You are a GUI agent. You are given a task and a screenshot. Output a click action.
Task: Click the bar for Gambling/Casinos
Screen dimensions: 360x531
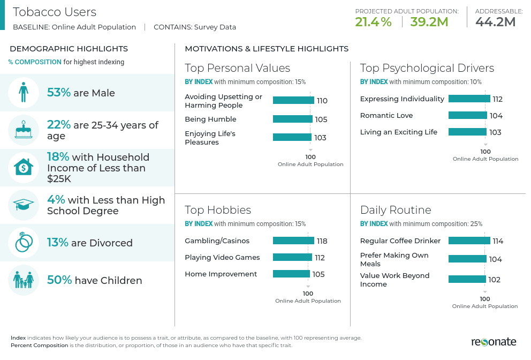click(293, 241)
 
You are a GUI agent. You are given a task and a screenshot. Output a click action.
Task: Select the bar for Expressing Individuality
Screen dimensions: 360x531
click(469, 99)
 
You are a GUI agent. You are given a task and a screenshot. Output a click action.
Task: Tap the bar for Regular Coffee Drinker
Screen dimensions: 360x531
click(469, 241)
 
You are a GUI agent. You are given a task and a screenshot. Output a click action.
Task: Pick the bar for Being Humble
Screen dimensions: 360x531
click(292, 119)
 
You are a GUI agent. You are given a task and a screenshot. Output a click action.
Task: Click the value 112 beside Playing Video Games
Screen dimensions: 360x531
click(320, 258)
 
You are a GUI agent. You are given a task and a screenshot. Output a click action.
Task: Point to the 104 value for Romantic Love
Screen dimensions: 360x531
click(496, 116)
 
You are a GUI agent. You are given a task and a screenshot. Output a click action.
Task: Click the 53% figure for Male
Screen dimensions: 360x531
click(59, 93)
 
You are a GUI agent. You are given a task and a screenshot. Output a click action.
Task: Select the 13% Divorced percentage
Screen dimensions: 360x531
click(58, 243)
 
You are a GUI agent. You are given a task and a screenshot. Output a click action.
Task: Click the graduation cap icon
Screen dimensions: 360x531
click(24, 205)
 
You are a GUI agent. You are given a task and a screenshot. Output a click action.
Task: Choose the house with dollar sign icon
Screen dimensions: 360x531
click(24, 168)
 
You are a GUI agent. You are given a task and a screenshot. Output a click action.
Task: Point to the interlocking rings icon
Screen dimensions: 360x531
click(24, 243)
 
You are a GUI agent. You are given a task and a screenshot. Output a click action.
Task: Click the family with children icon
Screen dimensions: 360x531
click(24, 280)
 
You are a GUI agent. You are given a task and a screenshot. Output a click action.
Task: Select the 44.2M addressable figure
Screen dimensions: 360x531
click(495, 22)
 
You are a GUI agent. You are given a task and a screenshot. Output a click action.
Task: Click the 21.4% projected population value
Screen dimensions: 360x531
click(373, 22)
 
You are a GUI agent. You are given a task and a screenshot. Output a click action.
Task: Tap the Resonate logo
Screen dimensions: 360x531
click(494, 342)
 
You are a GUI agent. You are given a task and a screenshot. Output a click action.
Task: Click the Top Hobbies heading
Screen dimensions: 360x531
click(218, 209)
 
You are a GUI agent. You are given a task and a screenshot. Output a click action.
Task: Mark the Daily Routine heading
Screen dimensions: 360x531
click(396, 209)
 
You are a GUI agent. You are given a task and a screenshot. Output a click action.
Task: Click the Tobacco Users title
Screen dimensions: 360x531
click(55, 12)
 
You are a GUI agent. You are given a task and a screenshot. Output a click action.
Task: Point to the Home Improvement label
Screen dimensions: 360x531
click(221, 274)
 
